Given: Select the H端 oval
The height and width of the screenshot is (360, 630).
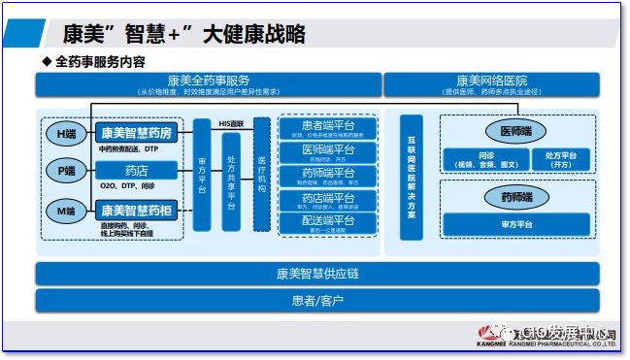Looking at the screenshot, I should coord(65,133).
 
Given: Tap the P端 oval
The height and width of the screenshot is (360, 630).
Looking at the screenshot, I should coord(65,171).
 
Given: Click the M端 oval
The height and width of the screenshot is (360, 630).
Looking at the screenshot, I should coord(65,209).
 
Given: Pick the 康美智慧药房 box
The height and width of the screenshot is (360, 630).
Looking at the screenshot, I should coord(137,133).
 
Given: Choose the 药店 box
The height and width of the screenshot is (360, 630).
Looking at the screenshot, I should coord(137,171).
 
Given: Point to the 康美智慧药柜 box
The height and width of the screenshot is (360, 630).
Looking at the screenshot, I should coord(137,209).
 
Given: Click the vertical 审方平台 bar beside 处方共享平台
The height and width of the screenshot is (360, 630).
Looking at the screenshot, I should coord(201,175).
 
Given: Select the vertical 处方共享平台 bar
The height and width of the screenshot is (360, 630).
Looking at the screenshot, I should coord(231,175).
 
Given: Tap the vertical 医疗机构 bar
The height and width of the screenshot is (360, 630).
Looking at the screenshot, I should coord(261,175).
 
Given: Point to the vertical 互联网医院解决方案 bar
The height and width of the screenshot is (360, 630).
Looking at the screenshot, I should coord(411,175).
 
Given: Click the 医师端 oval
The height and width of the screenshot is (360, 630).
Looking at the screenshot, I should coord(514,130).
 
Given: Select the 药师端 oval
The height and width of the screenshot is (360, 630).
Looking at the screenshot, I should coord(514,198).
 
